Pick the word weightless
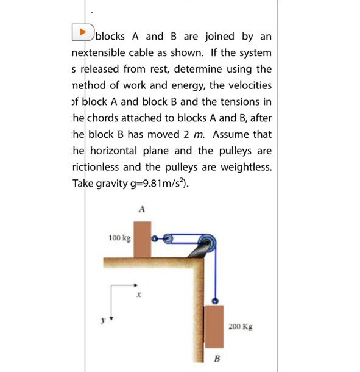pyautogui.click(x=239, y=166)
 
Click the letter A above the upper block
pyautogui.click(x=142, y=209)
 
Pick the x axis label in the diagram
pyautogui.click(x=139, y=294)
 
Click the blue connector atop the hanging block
pyautogui.click(x=215, y=301)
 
